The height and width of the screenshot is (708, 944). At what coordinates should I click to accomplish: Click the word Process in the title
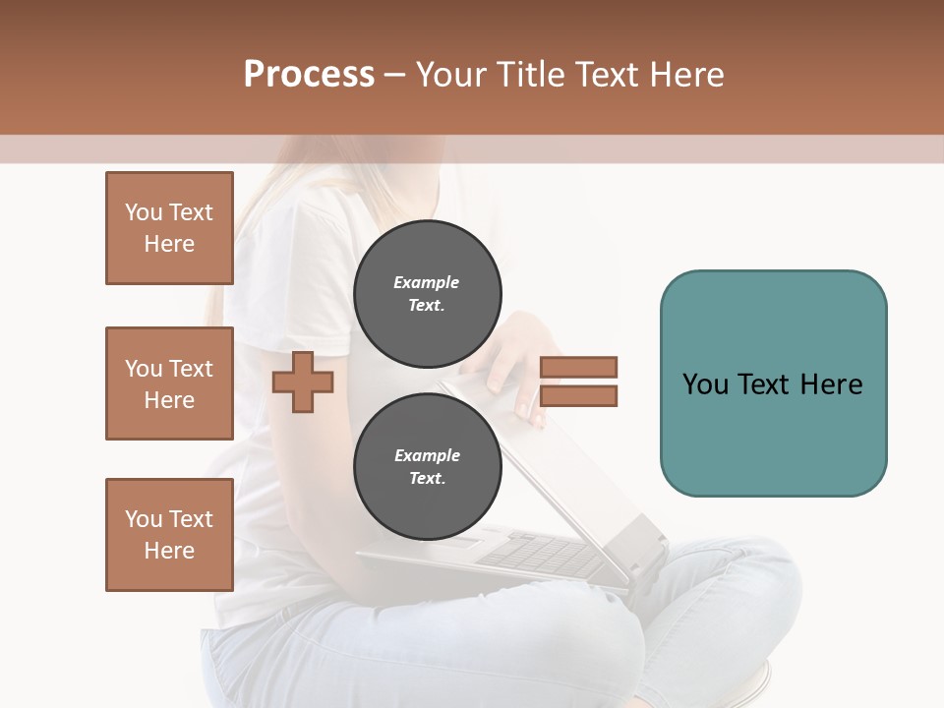tap(309, 75)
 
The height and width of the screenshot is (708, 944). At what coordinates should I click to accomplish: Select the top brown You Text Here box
tap(169, 228)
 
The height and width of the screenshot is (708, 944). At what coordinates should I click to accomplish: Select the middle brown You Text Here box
tap(169, 383)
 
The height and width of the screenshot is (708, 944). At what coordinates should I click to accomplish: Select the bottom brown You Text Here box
tap(169, 535)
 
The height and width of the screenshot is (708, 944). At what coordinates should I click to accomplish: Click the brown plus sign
tap(303, 382)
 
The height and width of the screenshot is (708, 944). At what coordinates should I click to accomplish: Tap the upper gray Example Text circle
tap(427, 293)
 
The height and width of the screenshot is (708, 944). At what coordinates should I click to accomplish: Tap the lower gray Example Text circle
tap(427, 466)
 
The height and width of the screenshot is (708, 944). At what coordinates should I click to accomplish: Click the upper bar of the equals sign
tap(578, 367)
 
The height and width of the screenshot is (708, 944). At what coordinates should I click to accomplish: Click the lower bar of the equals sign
tap(578, 395)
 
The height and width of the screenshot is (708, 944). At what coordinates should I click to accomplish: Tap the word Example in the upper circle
tap(427, 282)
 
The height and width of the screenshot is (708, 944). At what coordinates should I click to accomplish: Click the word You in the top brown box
tap(144, 212)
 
